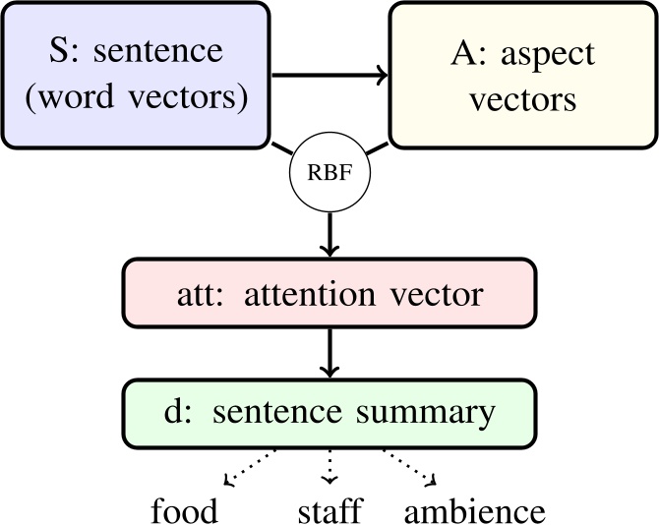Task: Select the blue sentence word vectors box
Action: tap(135, 74)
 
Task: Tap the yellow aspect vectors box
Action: tap(522, 74)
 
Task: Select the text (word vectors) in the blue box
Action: tap(135, 97)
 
